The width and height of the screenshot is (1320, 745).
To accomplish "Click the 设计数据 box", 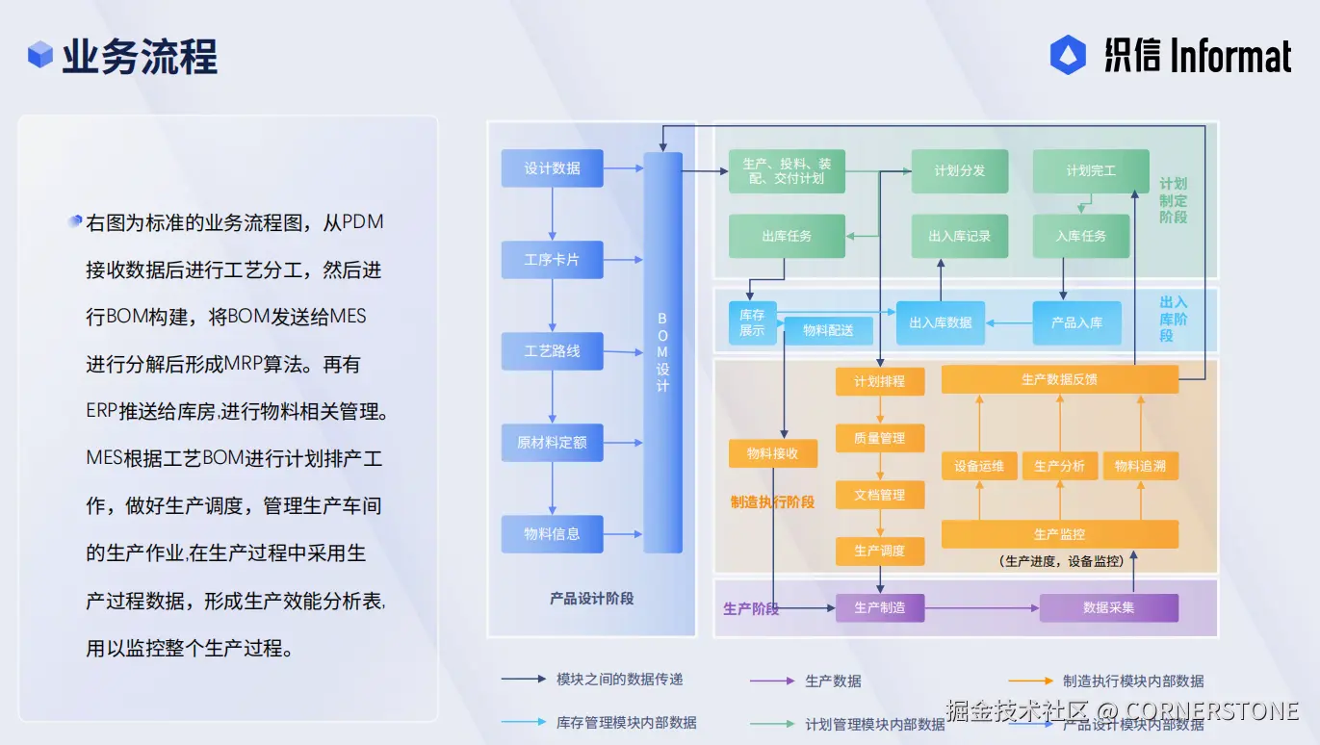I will pyautogui.click(x=552, y=168).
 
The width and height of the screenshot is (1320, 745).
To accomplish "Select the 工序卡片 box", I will pyautogui.click(x=552, y=260).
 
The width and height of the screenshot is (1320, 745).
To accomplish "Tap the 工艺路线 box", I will pyautogui.click(x=552, y=351).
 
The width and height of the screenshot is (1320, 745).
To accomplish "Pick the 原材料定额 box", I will pyautogui.click(x=552, y=443).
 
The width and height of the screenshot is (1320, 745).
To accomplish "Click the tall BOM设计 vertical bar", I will pyautogui.click(x=662, y=352).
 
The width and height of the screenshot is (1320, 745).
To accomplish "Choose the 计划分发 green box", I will pyautogui.click(x=959, y=171).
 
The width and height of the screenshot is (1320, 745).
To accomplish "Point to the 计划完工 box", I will pyautogui.click(x=1090, y=171).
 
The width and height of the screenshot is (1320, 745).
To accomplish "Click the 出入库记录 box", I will pyautogui.click(x=959, y=236).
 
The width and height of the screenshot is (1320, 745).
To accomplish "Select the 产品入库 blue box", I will pyautogui.click(x=1076, y=323).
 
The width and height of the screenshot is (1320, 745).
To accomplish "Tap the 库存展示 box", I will pyautogui.click(x=752, y=323).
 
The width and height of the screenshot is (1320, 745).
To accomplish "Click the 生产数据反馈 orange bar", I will pyautogui.click(x=1059, y=379).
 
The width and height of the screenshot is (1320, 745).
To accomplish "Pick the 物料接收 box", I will pyautogui.click(x=773, y=453).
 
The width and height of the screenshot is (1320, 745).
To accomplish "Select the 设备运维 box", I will pyautogui.click(x=979, y=466).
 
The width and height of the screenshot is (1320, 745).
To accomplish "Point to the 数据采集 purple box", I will pyautogui.click(x=1108, y=608).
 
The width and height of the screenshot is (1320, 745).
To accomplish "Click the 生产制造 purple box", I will pyautogui.click(x=879, y=608).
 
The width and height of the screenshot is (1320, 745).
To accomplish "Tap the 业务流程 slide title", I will pyautogui.click(x=140, y=57).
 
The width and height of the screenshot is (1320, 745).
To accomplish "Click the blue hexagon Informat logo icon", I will pyautogui.click(x=1068, y=55).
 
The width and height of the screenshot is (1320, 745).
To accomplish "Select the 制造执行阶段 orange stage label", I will pyautogui.click(x=772, y=501).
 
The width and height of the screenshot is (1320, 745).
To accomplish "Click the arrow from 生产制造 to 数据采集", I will pyautogui.click(x=982, y=608).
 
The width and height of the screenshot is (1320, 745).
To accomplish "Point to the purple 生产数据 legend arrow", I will pyautogui.click(x=772, y=681).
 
